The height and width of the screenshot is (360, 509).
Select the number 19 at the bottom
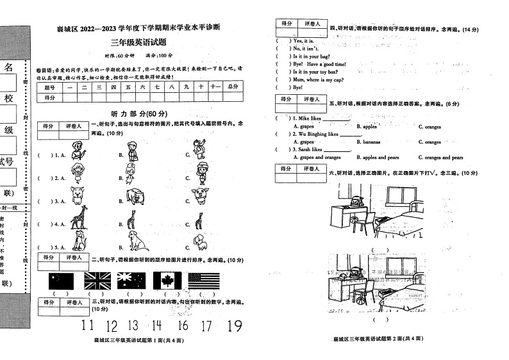234,326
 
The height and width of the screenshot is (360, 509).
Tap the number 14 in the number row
156,326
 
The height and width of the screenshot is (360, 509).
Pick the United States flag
204,280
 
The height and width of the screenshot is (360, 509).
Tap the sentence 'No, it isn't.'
305,49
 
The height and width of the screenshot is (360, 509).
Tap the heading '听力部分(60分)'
138,113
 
